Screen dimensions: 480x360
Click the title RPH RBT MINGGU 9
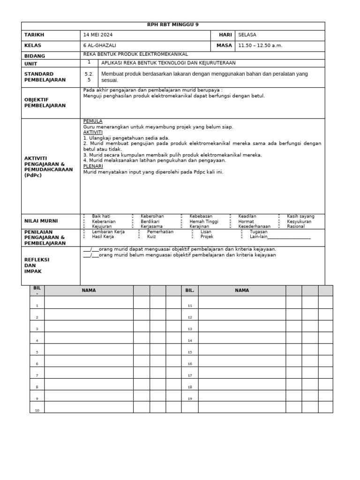pos(173,25)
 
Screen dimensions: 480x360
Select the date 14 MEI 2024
pos(97,35)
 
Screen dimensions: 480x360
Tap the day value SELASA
pos(247,35)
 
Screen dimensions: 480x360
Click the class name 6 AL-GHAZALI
pos(100,46)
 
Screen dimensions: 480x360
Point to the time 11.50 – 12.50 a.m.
pos(260,46)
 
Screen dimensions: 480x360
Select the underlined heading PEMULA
pos(93,121)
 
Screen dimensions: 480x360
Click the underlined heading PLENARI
pos(93,166)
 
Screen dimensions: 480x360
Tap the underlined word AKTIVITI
pos(93,133)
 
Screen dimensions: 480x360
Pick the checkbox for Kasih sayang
pos(279,217)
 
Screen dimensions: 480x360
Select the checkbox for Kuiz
pos(140,237)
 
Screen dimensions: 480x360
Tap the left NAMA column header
pos(89,291)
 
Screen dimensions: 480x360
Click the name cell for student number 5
pos(89,352)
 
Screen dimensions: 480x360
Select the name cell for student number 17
pos(242,375)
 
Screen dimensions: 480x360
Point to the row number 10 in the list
pos(37,411)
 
